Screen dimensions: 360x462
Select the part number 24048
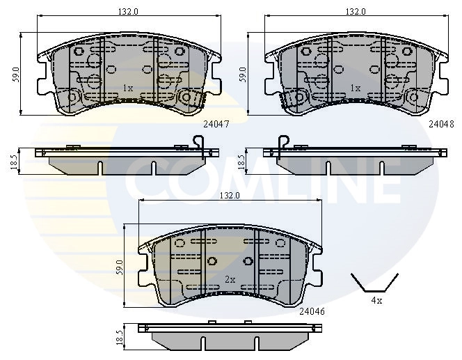[440, 124]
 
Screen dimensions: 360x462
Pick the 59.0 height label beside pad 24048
[243, 72]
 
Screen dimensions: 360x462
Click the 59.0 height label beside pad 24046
[119, 266]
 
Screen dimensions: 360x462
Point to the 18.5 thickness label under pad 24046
[119, 336]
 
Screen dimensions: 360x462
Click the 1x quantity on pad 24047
[127, 88]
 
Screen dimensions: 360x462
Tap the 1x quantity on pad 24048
[355, 88]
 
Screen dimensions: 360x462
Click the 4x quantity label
[376, 301]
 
